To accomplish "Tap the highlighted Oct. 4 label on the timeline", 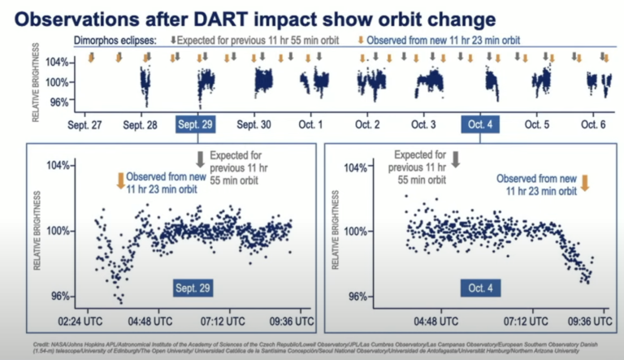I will click(x=479, y=125).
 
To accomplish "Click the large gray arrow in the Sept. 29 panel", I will click(x=199, y=158).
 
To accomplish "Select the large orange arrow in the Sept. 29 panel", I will click(x=121, y=180).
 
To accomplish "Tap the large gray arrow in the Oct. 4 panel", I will click(x=456, y=158).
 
